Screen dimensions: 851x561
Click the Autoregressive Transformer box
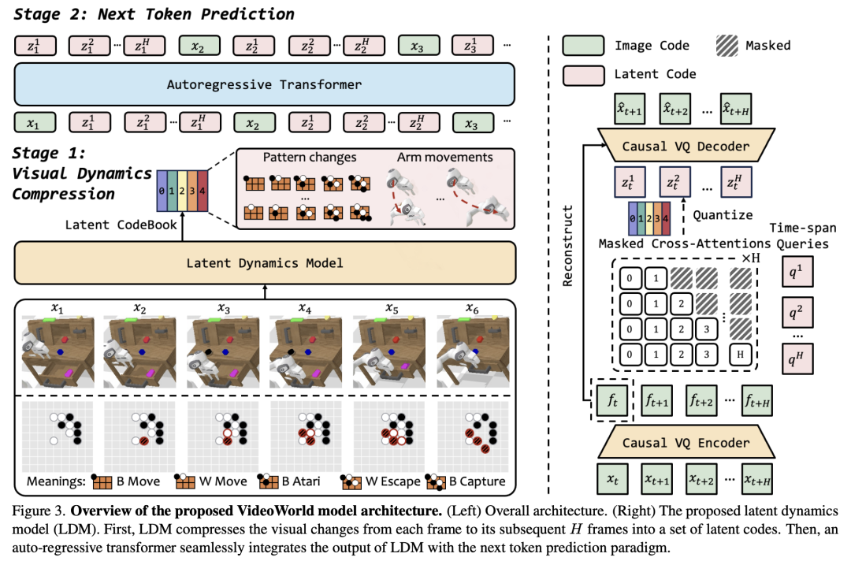pyautogui.click(x=264, y=84)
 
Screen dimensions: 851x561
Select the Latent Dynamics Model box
pyautogui.click(x=265, y=263)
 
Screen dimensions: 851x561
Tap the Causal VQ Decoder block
pyautogui.click(x=686, y=146)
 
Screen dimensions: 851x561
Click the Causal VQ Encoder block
pyautogui.click(x=686, y=442)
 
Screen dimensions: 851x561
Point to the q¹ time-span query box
pyautogui.click(x=797, y=272)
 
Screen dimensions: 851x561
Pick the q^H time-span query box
pyautogui.click(x=797, y=358)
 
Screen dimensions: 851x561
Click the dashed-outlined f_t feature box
pyautogui.click(x=612, y=400)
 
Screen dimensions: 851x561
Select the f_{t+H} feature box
pyautogui.click(x=756, y=401)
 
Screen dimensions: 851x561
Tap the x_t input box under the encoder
pyautogui.click(x=613, y=479)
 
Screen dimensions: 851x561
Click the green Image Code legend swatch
pyautogui.click(x=583, y=46)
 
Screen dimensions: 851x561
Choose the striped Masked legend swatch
pyautogui.click(x=727, y=46)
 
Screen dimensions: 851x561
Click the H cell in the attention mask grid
pyautogui.click(x=740, y=355)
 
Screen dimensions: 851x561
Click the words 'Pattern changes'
pyautogui.click(x=310, y=158)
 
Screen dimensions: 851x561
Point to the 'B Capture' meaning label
pyautogui.click(x=477, y=481)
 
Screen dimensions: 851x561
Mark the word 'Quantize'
pyautogui.click(x=723, y=215)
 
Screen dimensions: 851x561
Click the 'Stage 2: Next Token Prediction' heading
pyautogui.click(x=154, y=14)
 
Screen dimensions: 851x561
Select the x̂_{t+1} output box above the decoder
pyautogui.click(x=630, y=109)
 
